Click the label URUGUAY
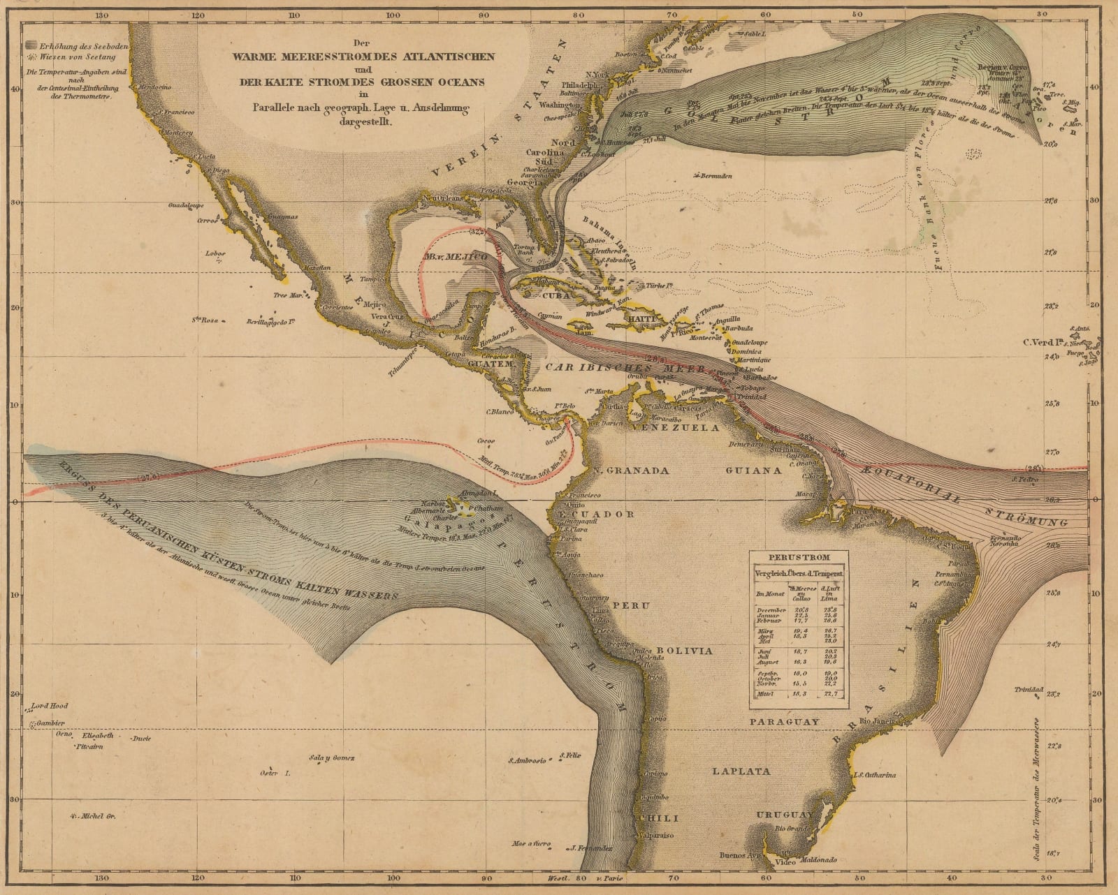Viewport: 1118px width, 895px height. coord(784,815)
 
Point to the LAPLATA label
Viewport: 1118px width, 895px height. coord(741,771)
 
